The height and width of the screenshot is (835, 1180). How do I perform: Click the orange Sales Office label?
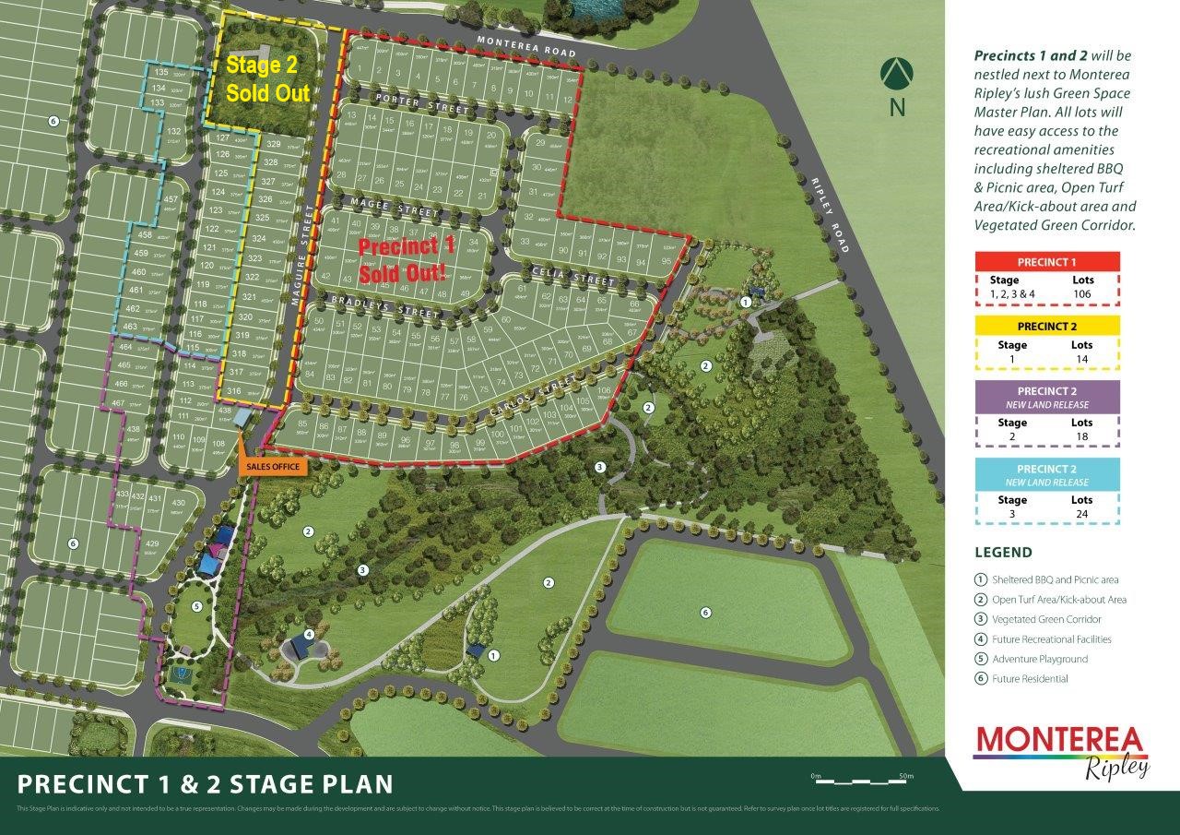coord(273,467)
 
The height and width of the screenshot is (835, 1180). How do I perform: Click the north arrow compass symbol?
coord(896,74)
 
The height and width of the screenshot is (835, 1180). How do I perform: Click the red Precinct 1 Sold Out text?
coord(407,260)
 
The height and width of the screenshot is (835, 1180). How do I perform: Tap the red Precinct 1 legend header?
coord(1046,262)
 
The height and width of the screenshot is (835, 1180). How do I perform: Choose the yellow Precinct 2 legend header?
coord(1046,327)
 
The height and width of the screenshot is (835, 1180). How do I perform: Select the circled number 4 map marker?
coord(309,634)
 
